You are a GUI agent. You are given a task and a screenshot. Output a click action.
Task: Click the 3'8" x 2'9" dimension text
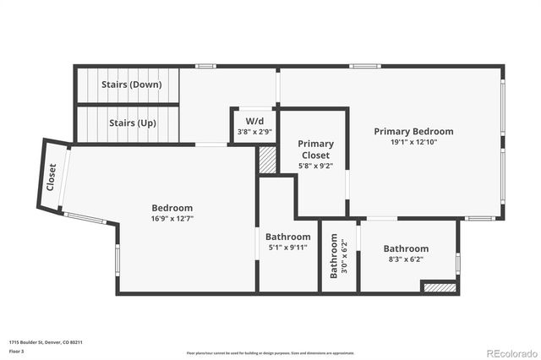click(x=243, y=132)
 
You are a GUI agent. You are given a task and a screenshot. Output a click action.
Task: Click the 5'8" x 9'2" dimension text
click(x=316, y=166)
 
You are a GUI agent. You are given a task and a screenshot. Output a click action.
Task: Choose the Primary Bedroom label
click(x=413, y=131)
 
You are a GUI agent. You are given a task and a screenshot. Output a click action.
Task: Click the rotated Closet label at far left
click(x=52, y=177)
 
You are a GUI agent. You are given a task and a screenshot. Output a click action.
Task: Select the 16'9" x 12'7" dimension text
click(x=172, y=218)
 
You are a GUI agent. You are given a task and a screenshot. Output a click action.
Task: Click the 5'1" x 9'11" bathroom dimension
click(x=287, y=247)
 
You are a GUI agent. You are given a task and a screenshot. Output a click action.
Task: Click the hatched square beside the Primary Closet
click(x=267, y=160)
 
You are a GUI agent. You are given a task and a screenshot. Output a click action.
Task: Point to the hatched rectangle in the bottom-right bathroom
click(x=438, y=288)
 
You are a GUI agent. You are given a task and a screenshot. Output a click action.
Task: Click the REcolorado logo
click(x=507, y=352)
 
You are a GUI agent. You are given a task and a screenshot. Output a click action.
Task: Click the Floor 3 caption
click(x=16, y=349)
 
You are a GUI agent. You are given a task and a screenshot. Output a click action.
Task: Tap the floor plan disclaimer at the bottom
click(x=270, y=352)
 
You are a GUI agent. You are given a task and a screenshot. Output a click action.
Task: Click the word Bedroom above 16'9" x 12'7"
click(x=172, y=208)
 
